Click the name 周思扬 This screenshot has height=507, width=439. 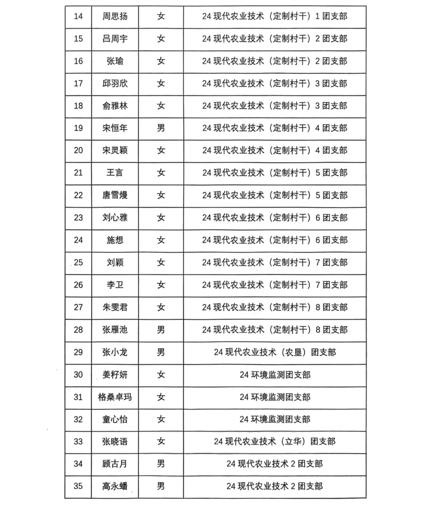click(115, 16)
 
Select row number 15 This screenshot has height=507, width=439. click(78, 39)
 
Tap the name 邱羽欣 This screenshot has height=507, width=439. click(115, 83)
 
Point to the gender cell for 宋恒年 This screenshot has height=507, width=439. click(161, 128)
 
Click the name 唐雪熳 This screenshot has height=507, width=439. click(115, 195)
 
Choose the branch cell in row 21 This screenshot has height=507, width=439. click(275, 173)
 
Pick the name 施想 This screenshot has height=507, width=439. click(115, 240)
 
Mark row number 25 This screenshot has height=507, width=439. click(78, 263)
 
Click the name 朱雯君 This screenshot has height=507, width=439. click(115, 307)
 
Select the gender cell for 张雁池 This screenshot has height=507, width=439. click(161, 330)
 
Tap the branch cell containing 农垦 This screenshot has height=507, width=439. click(275, 352)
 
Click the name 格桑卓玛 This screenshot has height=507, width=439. click(115, 397)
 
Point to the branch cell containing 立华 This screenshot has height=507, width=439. click(275, 442)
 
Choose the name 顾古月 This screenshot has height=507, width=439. click(115, 464)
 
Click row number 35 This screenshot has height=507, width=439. click(78, 486)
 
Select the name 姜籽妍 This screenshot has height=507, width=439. click(115, 375)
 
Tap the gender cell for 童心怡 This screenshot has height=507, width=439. click(161, 419)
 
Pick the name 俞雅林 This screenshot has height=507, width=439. click(115, 106)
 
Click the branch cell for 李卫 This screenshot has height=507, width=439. click(275, 285)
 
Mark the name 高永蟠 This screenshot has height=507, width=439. click(115, 486)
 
